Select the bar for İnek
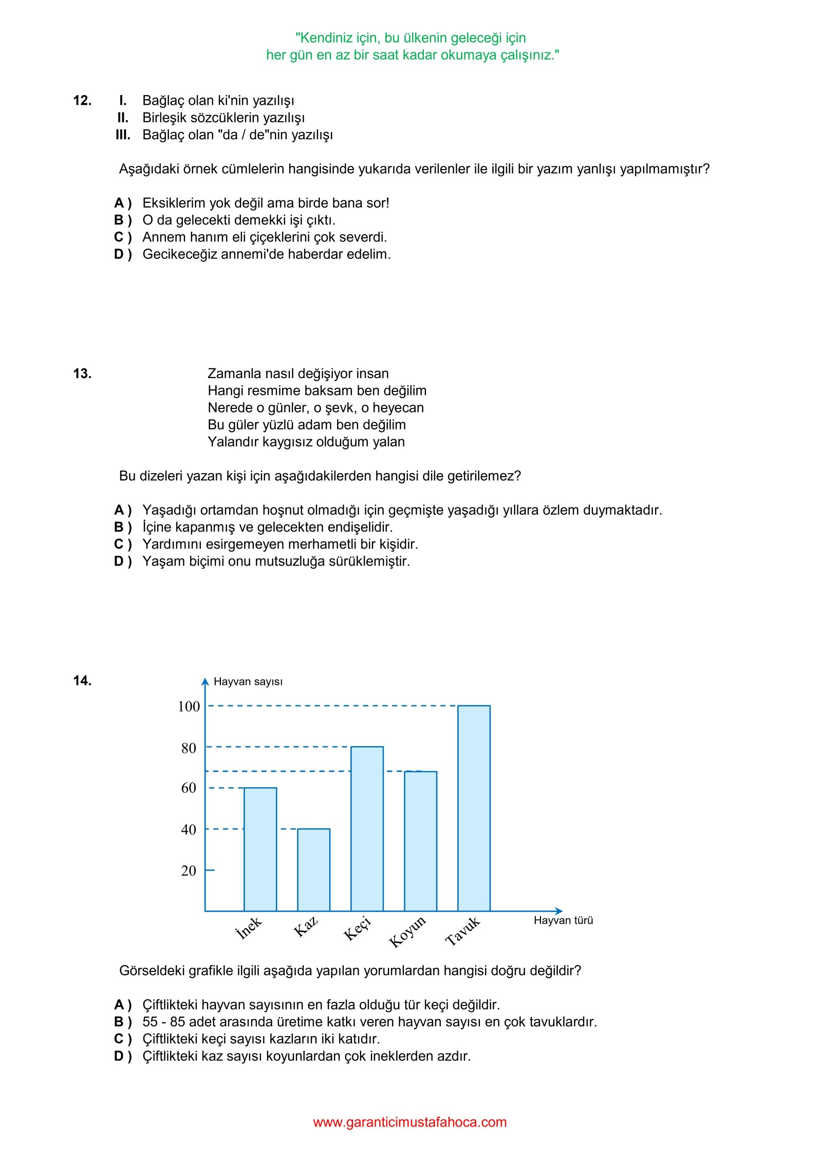click(260, 850)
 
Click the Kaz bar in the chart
click(313, 870)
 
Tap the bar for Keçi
click(367, 829)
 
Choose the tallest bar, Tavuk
click(474, 809)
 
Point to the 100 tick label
click(189, 707)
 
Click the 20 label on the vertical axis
click(189, 871)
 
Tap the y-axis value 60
click(189, 788)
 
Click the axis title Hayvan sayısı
click(248, 682)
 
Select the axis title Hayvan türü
click(563, 920)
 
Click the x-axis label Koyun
click(407, 931)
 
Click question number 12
click(82, 101)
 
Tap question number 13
click(82, 374)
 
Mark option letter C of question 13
click(122, 545)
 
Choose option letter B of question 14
click(122, 1022)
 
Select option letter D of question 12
click(122, 254)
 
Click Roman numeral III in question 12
click(123, 135)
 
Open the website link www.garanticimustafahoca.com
click(409, 1122)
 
